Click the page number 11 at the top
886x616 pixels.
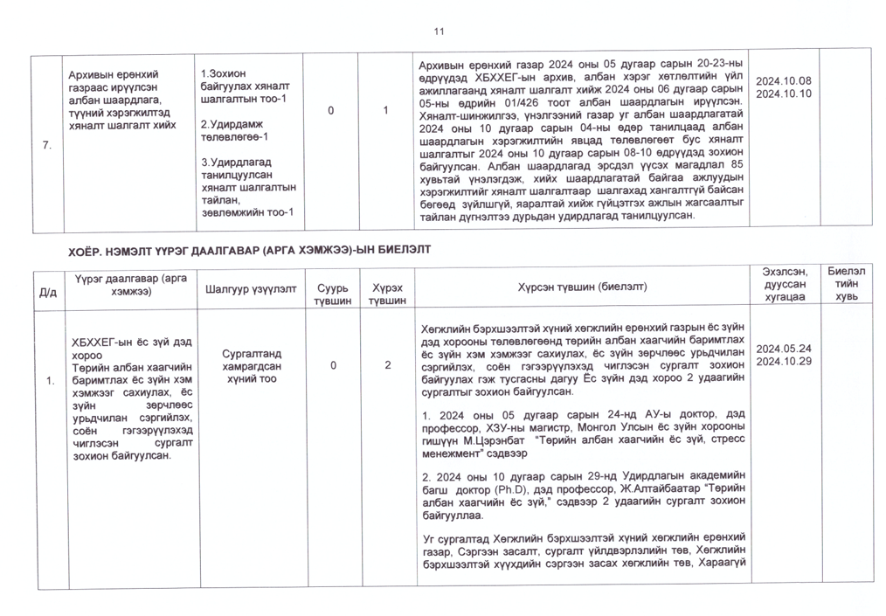(439, 32)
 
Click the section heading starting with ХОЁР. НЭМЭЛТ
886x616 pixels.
(249, 250)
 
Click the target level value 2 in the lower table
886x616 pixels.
(386, 364)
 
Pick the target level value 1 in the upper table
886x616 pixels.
(386, 111)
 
